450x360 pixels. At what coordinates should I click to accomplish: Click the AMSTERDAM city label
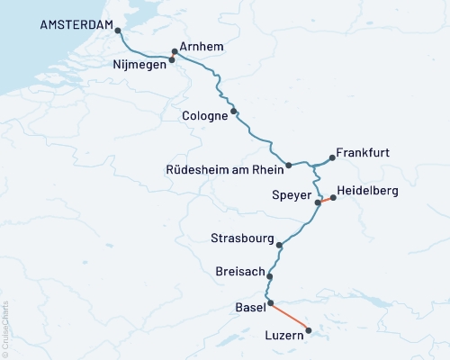coord(78,26)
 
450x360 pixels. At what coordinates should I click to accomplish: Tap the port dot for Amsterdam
coord(117,31)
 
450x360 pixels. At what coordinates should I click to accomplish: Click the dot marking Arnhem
coord(175,51)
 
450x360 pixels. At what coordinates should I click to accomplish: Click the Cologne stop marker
coord(234,112)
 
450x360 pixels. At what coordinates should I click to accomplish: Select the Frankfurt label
coord(363,153)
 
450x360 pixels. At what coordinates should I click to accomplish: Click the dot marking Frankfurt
coord(332,158)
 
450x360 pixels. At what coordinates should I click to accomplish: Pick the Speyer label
coord(291,194)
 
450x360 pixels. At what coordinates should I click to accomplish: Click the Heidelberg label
coord(366,192)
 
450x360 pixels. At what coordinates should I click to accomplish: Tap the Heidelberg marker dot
coord(333,197)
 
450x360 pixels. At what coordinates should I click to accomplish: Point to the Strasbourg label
coord(242,239)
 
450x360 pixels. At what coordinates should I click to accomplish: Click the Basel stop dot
coord(270,303)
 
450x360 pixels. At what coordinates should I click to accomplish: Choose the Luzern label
coord(285,337)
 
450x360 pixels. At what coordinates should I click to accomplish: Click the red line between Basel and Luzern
coord(290,317)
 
